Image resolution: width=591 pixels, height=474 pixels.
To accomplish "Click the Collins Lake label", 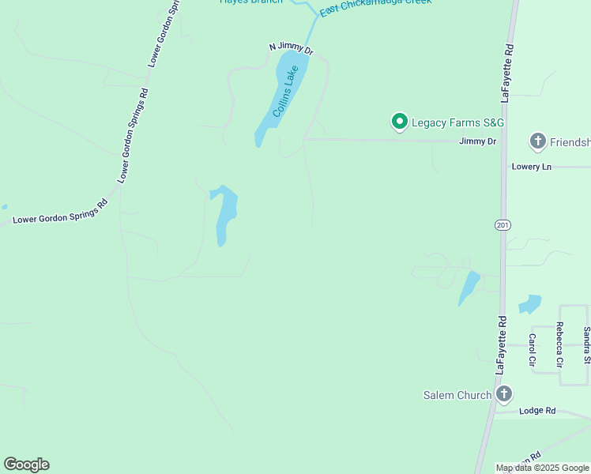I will (286, 92).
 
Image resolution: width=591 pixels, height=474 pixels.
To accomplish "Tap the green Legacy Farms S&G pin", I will (400, 122).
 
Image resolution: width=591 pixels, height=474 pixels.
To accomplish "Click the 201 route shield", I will (503, 225).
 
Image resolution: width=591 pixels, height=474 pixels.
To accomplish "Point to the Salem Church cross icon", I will (504, 394).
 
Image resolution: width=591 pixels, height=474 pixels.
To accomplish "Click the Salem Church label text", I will (457, 395).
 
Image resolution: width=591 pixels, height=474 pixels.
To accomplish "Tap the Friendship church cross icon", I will (538, 142).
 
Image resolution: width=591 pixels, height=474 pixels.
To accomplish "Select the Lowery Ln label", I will (531, 167).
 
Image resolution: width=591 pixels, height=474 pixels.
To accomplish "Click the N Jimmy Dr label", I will (291, 48).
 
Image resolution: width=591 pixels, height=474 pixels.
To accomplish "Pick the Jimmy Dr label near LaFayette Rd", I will (478, 141).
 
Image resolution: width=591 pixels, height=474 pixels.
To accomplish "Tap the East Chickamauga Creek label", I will (375, 7).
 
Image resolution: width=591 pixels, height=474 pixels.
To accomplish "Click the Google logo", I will (26, 465).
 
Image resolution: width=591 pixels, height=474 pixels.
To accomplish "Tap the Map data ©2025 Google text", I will (542, 468).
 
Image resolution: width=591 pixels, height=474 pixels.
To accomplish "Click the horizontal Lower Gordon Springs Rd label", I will (59, 213).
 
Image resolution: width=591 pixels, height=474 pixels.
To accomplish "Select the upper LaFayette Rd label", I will (508, 73).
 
